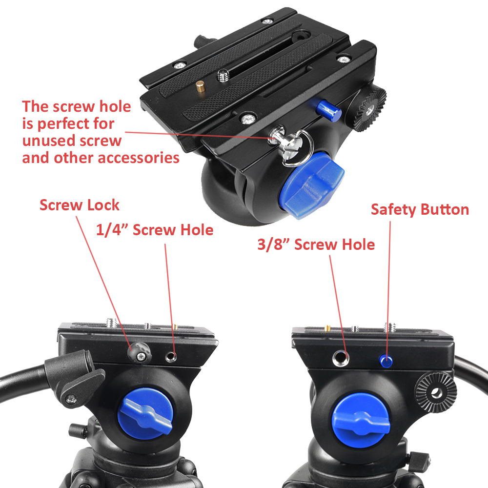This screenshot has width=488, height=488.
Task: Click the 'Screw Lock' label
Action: [x=80, y=205]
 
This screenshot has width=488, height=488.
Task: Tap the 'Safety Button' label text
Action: [x=420, y=209]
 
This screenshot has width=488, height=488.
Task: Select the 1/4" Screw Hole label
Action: [x=155, y=230]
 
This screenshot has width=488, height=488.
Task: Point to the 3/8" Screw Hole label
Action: [x=316, y=244]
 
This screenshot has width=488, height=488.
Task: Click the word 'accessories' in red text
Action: [x=139, y=158]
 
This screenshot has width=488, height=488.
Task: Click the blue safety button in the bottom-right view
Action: [x=386, y=361]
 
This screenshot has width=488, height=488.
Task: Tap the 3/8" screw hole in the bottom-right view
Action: [x=341, y=358]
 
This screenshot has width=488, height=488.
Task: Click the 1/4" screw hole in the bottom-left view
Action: [x=171, y=357]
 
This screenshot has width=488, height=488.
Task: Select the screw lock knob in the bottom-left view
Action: [x=139, y=352]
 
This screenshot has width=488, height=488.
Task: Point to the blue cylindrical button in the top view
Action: [x=328, y=109]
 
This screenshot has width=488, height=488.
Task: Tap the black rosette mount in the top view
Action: [x=369, y=109]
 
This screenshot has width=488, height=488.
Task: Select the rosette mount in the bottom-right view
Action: [x=436, y=393]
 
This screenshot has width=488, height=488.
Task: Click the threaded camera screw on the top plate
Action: [x=223, y=76]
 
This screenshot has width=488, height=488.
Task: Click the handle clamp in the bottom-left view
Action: [x=75, y=378]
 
